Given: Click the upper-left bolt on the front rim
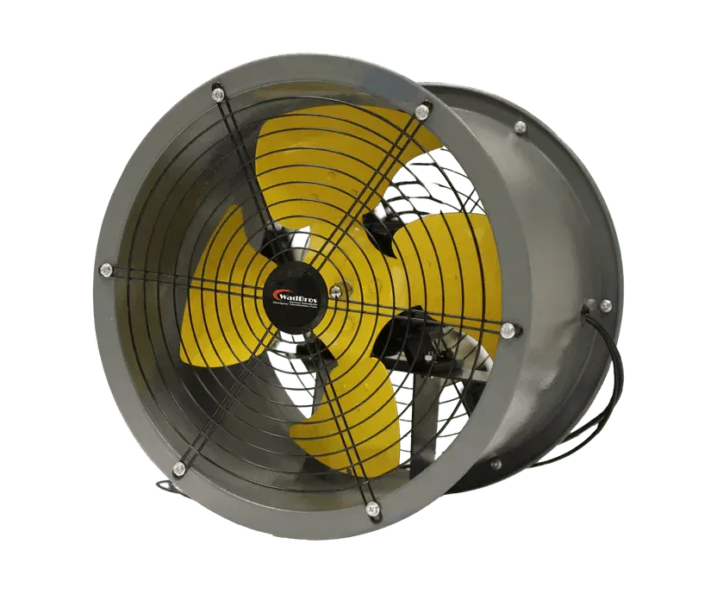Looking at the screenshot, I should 218,92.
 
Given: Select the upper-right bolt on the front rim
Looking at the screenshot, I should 422,111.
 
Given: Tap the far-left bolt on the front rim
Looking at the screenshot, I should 106,270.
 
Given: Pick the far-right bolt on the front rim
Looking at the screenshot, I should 508,329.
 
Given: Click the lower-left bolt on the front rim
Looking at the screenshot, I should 179,469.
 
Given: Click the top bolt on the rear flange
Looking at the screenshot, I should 520,128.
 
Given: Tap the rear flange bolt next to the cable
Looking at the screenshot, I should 606,305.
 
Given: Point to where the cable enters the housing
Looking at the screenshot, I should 589,308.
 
